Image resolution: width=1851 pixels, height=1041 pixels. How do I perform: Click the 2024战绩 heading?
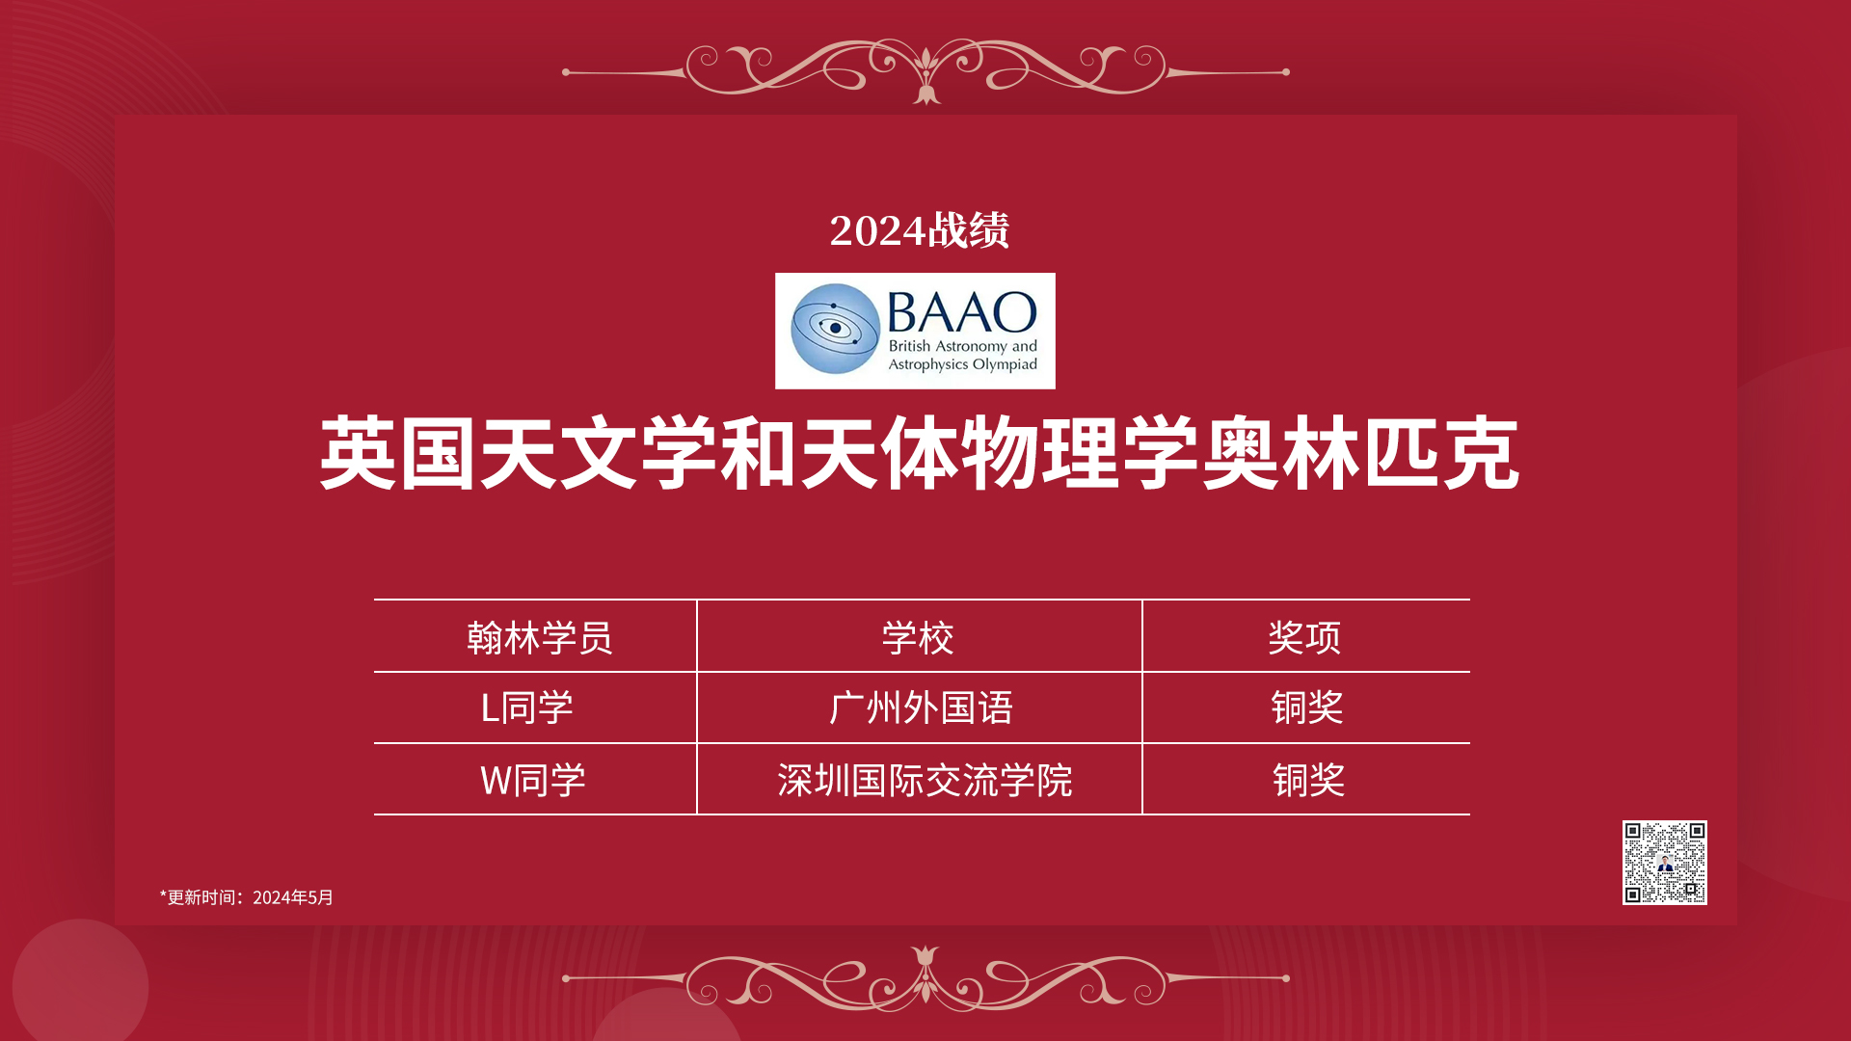[919, 230]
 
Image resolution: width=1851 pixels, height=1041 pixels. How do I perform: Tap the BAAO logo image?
[915, 331]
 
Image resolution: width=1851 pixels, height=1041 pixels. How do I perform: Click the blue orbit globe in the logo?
[835, 329]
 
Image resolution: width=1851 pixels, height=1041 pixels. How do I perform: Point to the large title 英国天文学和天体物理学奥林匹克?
[920, 453]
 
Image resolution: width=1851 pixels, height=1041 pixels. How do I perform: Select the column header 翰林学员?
[539, 637]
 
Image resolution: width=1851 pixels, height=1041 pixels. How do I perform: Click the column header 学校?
[918, 637]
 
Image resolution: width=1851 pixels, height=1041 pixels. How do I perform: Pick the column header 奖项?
[1304, 637]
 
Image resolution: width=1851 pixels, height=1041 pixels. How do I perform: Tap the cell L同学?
[526, 707]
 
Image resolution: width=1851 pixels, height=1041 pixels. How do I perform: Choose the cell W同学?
[533, 780]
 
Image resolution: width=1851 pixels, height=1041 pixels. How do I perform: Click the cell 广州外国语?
[921, 707]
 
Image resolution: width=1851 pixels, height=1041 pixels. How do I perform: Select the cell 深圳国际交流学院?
[925, 780]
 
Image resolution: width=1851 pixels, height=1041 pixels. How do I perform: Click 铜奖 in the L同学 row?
[1307, 707]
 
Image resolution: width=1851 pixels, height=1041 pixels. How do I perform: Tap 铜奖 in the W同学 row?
[1308, 780]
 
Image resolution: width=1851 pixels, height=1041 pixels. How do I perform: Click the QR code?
[1665, 863]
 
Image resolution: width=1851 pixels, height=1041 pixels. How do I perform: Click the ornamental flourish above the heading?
[925, 71]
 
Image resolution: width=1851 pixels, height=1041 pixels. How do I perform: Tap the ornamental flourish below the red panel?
[925, 978]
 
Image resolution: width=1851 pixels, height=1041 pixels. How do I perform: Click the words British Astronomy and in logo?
[962, 346]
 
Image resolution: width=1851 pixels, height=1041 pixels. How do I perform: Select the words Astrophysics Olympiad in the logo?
[962, 364]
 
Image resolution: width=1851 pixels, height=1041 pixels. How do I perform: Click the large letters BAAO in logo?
[961, 312]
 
